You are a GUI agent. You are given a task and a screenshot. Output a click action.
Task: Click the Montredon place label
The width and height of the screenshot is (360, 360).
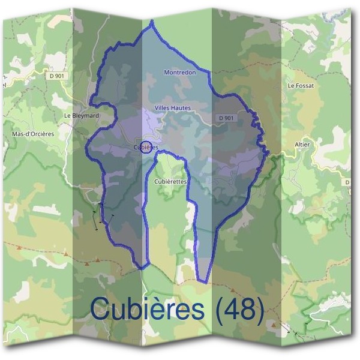(x=179, y=72)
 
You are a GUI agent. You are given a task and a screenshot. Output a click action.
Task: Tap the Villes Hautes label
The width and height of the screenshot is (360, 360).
(x=172, y=107)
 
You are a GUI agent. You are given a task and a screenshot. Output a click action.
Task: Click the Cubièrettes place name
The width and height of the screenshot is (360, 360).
(x=171, y=181)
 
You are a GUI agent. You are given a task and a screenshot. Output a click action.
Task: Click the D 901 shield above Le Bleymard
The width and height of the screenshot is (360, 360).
(x=57, y=76)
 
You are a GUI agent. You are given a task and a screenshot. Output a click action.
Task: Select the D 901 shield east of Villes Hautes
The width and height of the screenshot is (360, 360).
(x=226, y=118)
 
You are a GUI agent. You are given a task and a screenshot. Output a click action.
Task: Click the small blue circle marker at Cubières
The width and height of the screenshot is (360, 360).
(x=145, y=147)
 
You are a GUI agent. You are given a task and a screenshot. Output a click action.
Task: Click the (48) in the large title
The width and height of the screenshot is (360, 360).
(x=239, y=310)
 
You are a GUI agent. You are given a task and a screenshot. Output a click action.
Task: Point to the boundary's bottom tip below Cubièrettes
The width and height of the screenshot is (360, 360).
(x=203, y=281)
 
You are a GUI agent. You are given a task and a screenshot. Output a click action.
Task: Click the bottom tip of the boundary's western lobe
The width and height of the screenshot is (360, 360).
(x=142, y=268)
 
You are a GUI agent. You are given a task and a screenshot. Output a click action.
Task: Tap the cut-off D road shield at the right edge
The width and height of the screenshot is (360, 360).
(x=347, y=181)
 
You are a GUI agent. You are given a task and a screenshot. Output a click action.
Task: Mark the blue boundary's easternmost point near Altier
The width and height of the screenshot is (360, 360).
(x=266, y=151)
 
